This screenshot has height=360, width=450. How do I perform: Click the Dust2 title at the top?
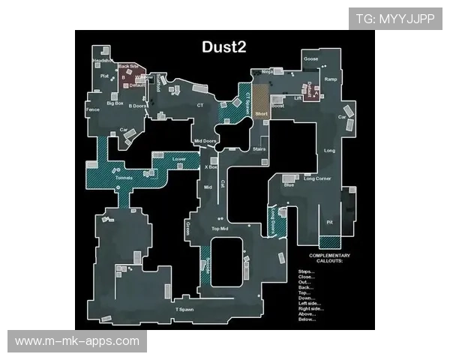(225, 46)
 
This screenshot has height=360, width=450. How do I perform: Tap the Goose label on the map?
(310, 58)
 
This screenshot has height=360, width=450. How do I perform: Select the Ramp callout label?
(330, 78)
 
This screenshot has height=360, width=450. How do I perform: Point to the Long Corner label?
(318, 178)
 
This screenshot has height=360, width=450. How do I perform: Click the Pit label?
(329, 222)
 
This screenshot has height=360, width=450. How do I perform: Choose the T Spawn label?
(184, 309)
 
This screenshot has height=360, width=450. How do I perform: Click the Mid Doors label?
(205, 141)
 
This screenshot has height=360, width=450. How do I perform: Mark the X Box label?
(211, 168)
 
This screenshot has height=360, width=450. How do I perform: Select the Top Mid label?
(219, 228)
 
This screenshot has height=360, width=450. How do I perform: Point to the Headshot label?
(102, 60)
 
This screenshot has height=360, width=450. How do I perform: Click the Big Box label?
(115, 103)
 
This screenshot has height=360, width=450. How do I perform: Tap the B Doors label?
(137, 106)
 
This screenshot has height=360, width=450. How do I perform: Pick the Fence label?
(93, 110)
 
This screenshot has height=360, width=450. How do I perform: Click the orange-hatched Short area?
(261, 102)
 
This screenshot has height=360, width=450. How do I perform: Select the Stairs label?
(259, 150)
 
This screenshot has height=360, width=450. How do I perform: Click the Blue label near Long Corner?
(289, 184)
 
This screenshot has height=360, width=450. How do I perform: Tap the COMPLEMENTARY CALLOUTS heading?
(329, 258)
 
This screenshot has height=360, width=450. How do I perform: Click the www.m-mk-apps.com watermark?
(77, 341)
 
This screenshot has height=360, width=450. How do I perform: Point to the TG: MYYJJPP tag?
(394, 19)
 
